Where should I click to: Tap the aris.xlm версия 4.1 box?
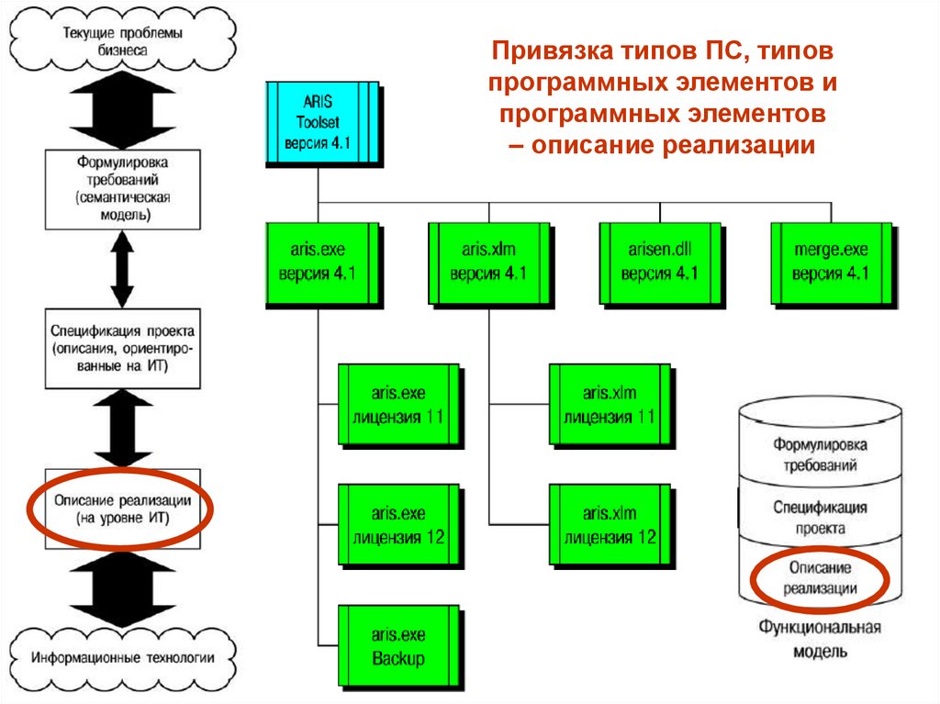click(x=488, y=263)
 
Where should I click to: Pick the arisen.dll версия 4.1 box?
click(x=659, y=263)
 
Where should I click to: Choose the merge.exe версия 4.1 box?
click(x=830, y=263)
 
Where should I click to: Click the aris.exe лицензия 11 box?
click(x=397, y=405)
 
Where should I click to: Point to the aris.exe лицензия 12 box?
click(x=397, y=525)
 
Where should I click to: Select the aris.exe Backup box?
click(x=397, y=646)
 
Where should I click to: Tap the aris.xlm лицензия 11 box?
click(x=609, y=405)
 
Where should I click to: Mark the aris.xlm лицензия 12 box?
click(x=609, y=525)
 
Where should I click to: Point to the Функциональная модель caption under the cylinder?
click(x=820, y=639)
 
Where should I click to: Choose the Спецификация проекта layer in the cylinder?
click(x=820, y=518)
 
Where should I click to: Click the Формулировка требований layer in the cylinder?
click(x=820, y=455)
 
